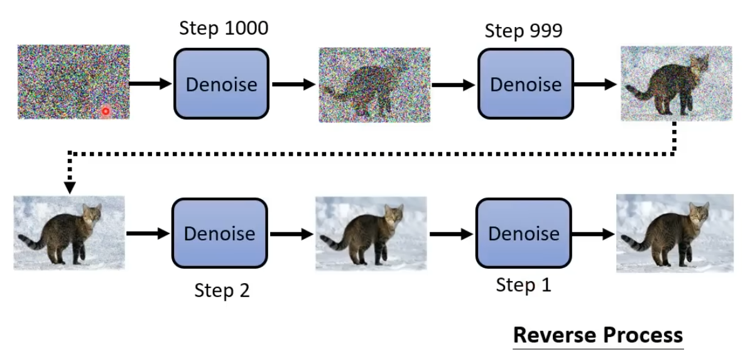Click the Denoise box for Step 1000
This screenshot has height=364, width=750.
[x=221, y=83]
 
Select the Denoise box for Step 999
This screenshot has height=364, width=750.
[x=526, y=83]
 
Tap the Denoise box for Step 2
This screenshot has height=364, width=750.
[x=219, y=233]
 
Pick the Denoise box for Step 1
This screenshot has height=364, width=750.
[x=524, y=233]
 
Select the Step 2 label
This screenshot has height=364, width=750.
[x=221, y=291]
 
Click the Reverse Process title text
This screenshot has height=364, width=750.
[x=598, y=335]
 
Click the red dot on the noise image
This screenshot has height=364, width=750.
[x=106, y=111]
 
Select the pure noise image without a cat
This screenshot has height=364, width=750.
[x=73, y=82]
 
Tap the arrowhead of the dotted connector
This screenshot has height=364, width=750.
[x=70, y=187]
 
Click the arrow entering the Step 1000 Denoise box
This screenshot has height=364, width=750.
[x=151, y=83]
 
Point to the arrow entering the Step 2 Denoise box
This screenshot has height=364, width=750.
[x=148, y=233]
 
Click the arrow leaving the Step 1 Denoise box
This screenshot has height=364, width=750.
[x=593, y=233]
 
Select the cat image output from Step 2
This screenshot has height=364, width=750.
[x=371, y=233]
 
